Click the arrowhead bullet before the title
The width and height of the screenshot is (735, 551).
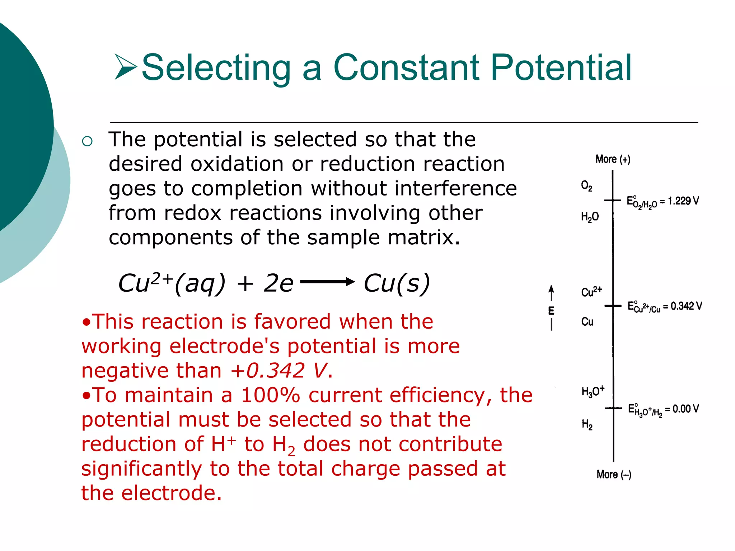click(x=126, y=67)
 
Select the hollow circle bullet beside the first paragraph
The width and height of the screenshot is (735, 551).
click(x=87, y=141)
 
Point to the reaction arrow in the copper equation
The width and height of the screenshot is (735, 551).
click(x=327, y=282)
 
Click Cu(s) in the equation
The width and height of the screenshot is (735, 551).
click(x=397, y=283)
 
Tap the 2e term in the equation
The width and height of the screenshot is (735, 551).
click(x=278, y=283)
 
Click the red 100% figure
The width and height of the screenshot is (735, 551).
click(x=270, y=395)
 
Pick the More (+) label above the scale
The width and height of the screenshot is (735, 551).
click(x=613, y=159)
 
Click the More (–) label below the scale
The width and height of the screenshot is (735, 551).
click(x=614, y=475)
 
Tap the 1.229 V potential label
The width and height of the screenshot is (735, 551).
click(x=683, y=201)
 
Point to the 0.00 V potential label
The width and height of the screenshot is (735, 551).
click(x=685, y=409)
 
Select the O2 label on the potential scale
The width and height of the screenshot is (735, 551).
click(x=586, y=186)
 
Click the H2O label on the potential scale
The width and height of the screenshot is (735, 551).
click(x=590, y=217)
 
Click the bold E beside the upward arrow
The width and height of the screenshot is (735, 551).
click(x=551, y=311)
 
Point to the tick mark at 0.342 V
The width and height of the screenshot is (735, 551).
click(x=613, y=306)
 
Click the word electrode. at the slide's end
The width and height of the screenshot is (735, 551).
click(x=172, y=493)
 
